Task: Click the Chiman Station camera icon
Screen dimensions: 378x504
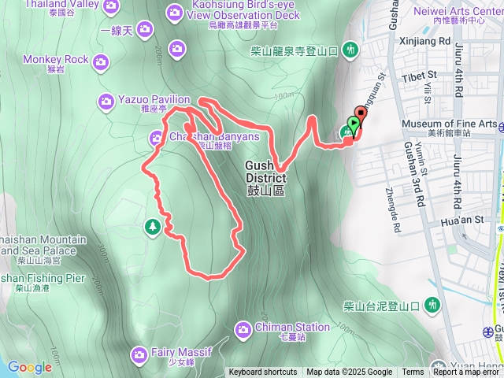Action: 243,327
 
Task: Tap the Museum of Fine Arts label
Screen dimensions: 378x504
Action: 449,124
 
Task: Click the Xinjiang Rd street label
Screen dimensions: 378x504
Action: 424,39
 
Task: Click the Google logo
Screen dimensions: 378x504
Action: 30,367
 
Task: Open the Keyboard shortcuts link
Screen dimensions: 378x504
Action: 263,372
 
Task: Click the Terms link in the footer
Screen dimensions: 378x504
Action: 413,372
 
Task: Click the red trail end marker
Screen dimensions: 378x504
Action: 359,113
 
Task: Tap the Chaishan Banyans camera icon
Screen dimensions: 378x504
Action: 157,139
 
